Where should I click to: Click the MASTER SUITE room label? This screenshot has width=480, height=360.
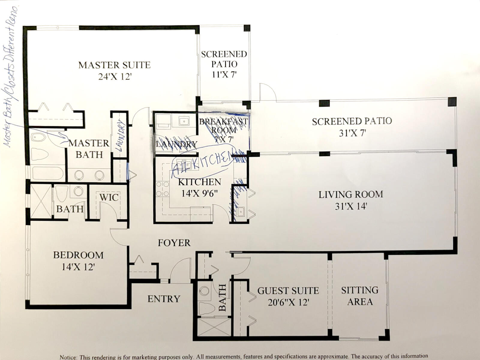pyautogui.click(x=114, y=65)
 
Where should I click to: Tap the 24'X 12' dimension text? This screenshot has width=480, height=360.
pyautogui.click(x=115, y=77)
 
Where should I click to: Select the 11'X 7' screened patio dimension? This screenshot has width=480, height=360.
pyautogui.click(x=224, y=74)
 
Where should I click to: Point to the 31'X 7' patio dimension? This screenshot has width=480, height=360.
pyautogui.click(x=352, y=133)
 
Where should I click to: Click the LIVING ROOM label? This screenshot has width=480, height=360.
pyautogui.click(x=351, y=194)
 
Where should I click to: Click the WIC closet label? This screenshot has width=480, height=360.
pyautogui.click(x=109, y=197)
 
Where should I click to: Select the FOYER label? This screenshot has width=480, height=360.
pyautogui.click(x=174, y=243)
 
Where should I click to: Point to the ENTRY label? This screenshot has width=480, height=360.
pyautogui.click(x=164, y=299)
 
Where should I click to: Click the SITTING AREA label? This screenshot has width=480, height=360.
pyautogui.click(x=360, y=296)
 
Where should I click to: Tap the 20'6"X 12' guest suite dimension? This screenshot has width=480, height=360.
pyautogui.click(x=288, y=302)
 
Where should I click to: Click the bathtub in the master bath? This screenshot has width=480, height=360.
pyautogui.click(x=48, y=173)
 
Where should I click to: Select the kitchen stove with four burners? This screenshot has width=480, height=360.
pyautogui.click(x=162, y=189)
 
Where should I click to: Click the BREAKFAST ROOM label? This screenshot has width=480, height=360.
pyautogui.click(x=223, y=126)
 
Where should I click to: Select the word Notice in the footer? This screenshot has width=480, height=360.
pyautogui.click(x=69, y=357)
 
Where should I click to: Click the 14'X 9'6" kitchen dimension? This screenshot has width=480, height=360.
pyautogui.click(x=199, y=193)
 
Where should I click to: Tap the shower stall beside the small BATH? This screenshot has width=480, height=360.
pyautogui.click(x=41, y=201)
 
